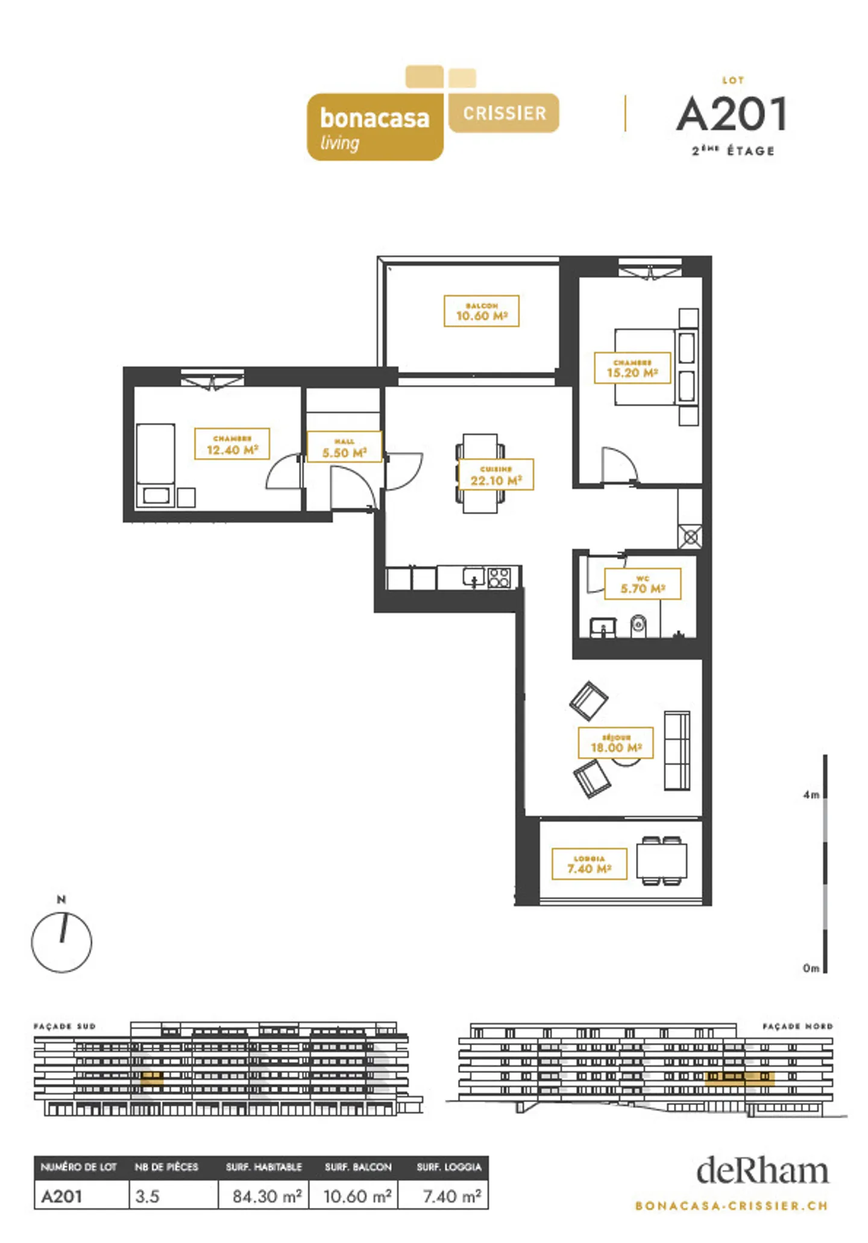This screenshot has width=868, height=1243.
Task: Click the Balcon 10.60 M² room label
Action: [481, 311]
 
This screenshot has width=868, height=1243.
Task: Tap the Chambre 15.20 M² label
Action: [632, 368]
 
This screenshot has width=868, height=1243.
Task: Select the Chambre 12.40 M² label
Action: [232, 444]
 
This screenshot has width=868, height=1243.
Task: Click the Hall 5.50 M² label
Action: [344, 447]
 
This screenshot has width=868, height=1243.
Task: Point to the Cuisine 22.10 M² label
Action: [496, 475]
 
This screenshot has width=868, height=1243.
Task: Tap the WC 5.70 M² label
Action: [643, 584]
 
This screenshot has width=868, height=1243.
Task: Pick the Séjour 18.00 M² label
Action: [615, 743]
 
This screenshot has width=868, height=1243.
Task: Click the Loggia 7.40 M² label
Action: [589, 864]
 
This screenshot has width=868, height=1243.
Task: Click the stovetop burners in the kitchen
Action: [499, 578]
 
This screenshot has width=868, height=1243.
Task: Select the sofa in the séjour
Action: [677, 751]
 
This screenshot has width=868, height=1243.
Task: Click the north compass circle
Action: [61, 942]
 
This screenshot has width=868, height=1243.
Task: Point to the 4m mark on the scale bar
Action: [811, 795]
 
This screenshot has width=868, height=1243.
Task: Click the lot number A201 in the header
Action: [732, 115]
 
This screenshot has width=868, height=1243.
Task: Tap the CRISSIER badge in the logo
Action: [504, 113]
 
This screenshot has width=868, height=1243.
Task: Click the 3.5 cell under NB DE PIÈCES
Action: [148, 1196]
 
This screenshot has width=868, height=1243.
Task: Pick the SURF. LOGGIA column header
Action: [448, 1168]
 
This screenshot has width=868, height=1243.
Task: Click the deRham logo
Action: [762, 1171]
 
